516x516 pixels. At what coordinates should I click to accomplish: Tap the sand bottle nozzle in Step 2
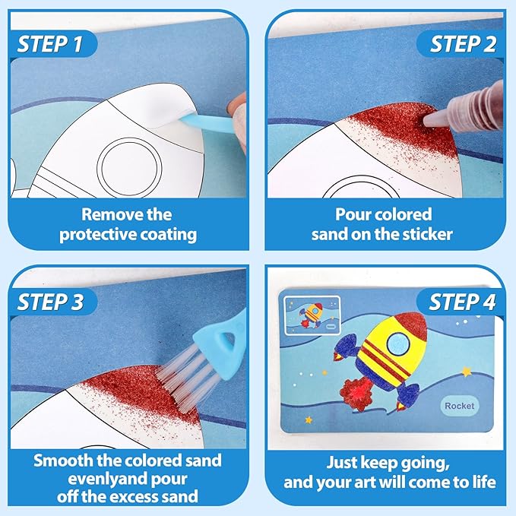[x=436, y=116]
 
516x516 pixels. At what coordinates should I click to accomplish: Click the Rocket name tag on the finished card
[x=460, y=406]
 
